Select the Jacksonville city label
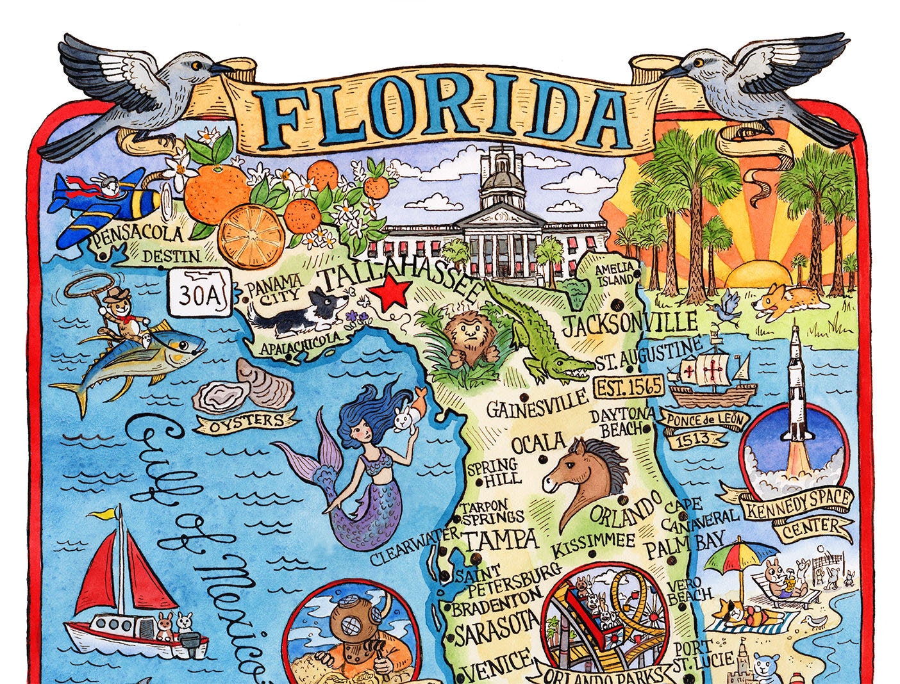[x=629, y=324]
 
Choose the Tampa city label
[x=500, y=540]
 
